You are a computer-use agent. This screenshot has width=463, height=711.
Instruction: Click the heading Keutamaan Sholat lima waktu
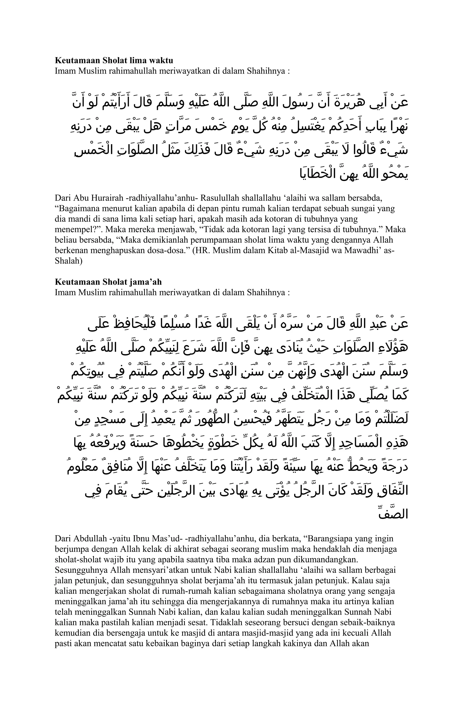click(x=114, y=60)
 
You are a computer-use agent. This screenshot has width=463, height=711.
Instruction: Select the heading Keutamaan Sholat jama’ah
click(x=108, y=282)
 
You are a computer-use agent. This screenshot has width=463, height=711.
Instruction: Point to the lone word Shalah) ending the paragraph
click(x=68, y=261)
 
